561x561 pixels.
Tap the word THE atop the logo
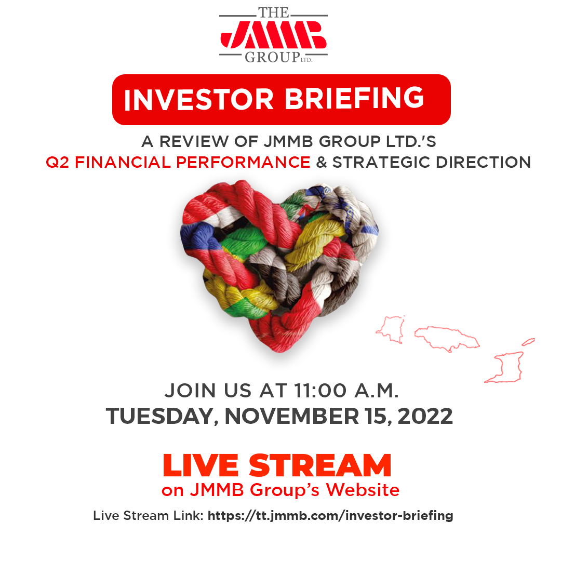(273, 12)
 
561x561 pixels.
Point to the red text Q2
(58, 162)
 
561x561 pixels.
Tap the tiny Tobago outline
(528, 342)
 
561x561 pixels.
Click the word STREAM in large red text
(320, 465)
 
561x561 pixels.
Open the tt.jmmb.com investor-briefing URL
(330, 516)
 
